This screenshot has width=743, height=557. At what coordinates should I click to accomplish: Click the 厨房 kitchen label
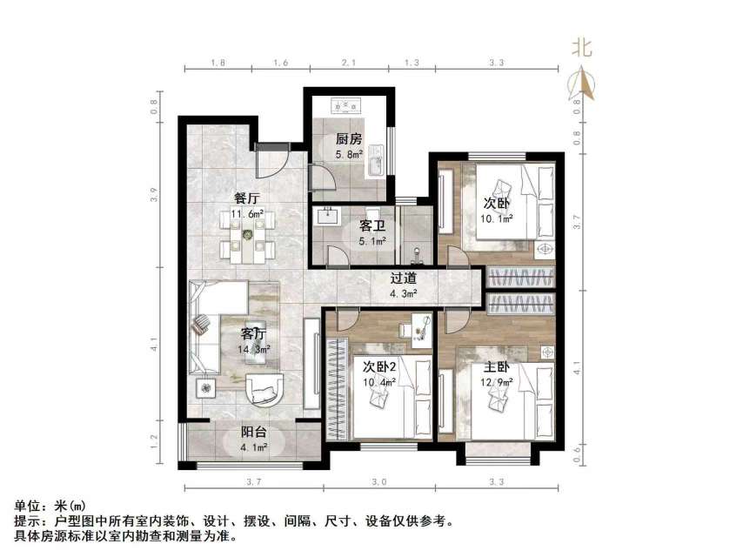tap(349, 138)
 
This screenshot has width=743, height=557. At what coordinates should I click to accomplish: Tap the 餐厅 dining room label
tap(247, 198)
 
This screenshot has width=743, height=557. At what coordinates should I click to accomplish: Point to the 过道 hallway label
tap(403, 278)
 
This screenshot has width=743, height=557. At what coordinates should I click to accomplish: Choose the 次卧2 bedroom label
tap(379, 366)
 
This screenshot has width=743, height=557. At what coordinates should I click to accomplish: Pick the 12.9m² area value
tap(498, 383)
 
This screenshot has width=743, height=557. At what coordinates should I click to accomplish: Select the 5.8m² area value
tap(349, 154)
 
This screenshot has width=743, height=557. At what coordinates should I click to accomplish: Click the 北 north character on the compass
tap(582, 48)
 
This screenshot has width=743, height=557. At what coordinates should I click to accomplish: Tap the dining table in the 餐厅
tap(249, 237)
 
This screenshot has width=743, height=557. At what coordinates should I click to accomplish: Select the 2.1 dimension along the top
tap(350, 64)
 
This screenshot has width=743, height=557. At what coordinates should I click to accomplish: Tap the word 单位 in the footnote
tap(27, 505)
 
